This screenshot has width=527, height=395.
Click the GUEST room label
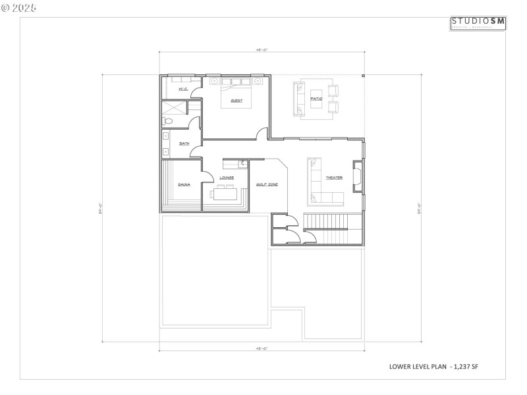point(236,101)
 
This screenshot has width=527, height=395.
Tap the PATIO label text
point(317,99)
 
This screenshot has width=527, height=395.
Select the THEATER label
point(333,178)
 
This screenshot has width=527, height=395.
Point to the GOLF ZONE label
point(267,185)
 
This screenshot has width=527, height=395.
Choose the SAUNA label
point(184,185)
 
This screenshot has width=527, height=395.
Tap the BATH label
point(184,144)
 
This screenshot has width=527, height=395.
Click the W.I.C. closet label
point(183,89)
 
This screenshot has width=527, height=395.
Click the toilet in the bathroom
point(168,121)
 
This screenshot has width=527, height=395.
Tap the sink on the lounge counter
point(242,162)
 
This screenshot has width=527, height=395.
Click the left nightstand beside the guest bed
point(214,82)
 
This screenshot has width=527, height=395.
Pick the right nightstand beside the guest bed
point(258,82)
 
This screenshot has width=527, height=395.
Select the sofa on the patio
point(299,99)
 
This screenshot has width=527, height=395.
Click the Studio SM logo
point(478,23)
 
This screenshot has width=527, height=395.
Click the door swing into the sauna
point(206,175)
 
